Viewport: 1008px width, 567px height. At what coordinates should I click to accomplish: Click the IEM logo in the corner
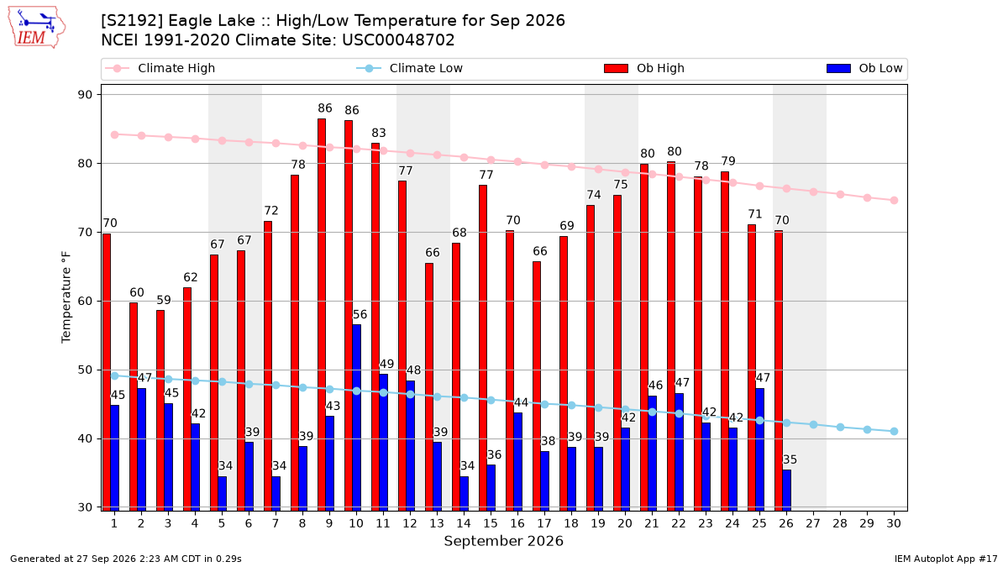coord(36,28)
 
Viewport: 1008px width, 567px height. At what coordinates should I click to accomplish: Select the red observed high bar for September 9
coord(322,314)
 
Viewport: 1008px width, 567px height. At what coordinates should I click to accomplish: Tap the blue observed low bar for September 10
coord(357,417)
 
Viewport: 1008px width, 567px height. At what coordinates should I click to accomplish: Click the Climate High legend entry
coord(160,68)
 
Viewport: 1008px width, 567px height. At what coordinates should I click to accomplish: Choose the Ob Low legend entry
coord(864,68)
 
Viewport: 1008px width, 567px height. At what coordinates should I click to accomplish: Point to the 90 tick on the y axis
coord(85,94)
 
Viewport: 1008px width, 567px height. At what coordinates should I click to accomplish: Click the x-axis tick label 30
coord(894,523)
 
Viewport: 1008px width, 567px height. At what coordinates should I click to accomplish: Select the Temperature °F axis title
coord(66,297)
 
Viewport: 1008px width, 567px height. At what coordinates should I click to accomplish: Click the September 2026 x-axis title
coord(503,541)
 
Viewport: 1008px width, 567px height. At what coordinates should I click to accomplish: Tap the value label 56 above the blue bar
coord(360,314)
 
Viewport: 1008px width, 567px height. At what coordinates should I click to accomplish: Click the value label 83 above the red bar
coord(379,133)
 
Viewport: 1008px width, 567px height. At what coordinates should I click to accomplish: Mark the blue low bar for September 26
coord(786,491)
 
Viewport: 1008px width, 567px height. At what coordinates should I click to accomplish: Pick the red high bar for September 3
coord(160,411)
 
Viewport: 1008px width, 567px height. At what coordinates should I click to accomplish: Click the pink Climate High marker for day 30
coord(894,200)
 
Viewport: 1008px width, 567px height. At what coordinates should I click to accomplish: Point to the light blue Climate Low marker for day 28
coord(840,427)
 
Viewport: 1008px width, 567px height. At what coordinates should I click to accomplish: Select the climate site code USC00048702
coord(398,40)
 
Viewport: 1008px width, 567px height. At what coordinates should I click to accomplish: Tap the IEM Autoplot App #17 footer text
coord(946,559)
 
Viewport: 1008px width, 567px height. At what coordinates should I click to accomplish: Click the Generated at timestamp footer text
coord(125,559)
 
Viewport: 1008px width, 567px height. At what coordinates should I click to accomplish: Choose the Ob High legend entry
coord(644,68)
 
